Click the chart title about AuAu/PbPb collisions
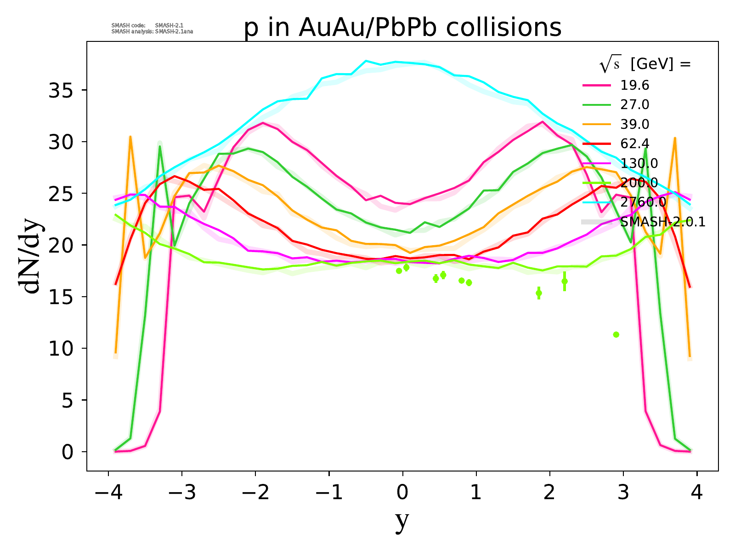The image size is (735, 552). coord(402,28)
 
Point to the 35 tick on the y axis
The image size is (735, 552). coord(61,90)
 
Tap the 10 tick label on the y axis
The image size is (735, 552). coord(61,349)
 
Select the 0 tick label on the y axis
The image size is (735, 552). coord(67,452)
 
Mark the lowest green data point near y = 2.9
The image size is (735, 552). coord(616,334)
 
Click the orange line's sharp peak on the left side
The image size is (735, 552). coord(130,137)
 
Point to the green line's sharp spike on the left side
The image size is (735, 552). coord(160,146)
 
